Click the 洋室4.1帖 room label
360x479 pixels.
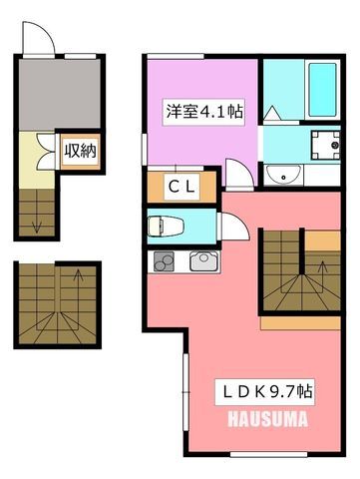[x=203, y=112]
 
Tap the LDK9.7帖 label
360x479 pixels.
[x=264, y=391]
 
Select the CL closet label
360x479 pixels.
[x=181, y=187]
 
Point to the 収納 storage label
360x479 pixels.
[x=80, y=152]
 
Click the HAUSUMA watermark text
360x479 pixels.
[x=267, y=419]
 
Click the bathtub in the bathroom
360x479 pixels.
[x=322, y=90]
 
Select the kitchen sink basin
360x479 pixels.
[x=204, y=261]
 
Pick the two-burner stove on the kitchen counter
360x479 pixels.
[x=164, y=261]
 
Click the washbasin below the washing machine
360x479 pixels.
[x=283, y=174]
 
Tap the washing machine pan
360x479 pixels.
[x=326, y=145]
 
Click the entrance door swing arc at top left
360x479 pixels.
[x=38, y=37]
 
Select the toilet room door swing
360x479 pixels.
[x=235, y=227]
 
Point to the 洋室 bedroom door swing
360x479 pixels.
[x=239, y=173]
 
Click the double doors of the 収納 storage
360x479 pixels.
[x=46, y=152]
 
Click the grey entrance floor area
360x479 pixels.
[x=60, y=94]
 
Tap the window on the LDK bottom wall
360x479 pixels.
[x=268, y=454]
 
